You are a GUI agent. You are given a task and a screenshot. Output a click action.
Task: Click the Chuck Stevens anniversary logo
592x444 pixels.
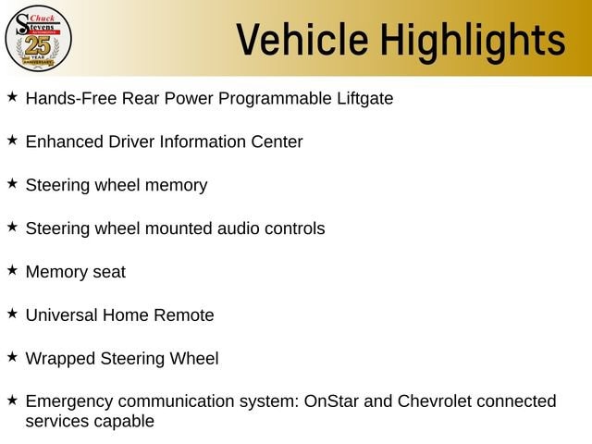point(38,38)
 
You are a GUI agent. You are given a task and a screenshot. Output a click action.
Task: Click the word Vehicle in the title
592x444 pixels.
point(302,40)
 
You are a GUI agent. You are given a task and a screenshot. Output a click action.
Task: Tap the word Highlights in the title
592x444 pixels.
point(473,42)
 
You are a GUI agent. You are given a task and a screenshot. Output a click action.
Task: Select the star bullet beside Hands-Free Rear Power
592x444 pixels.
point(12,96)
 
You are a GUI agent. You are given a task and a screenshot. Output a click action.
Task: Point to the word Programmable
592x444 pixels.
point(275,99)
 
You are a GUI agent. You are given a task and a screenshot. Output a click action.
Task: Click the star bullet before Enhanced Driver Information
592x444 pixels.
point(12,140)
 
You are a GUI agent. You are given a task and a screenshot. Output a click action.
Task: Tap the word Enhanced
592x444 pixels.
point(65,142)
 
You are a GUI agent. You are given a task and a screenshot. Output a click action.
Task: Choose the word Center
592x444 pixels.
point(277,142)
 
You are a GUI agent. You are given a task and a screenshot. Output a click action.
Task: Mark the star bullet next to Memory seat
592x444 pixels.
point(12,270)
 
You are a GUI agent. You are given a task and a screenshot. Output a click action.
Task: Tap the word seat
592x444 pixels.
point(109,272)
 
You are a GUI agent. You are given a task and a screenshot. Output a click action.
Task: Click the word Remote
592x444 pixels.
point(184,315)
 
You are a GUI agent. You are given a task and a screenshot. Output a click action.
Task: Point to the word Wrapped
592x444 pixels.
point(60,359)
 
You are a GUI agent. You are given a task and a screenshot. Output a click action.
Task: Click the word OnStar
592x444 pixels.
point(331,401)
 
